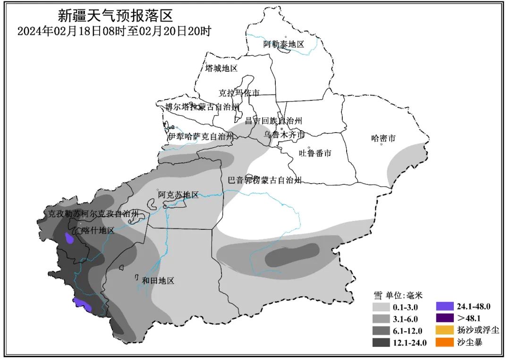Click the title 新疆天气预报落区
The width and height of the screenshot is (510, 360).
116,16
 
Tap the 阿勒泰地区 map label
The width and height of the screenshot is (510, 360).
284,45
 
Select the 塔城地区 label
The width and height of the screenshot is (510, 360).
221,68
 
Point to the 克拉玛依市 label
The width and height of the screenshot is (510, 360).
239,93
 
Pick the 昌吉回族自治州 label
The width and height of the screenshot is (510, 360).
273,121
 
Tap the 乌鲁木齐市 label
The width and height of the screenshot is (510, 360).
284,134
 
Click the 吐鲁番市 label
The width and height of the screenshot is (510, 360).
315,153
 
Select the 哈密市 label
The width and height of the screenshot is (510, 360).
383,139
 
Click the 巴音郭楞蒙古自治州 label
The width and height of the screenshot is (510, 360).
264,180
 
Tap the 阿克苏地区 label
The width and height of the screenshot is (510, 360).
178,195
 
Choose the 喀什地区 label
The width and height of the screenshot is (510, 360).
98,230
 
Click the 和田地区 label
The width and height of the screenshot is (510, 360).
158,281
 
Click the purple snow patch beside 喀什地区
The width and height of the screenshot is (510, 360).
69,238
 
